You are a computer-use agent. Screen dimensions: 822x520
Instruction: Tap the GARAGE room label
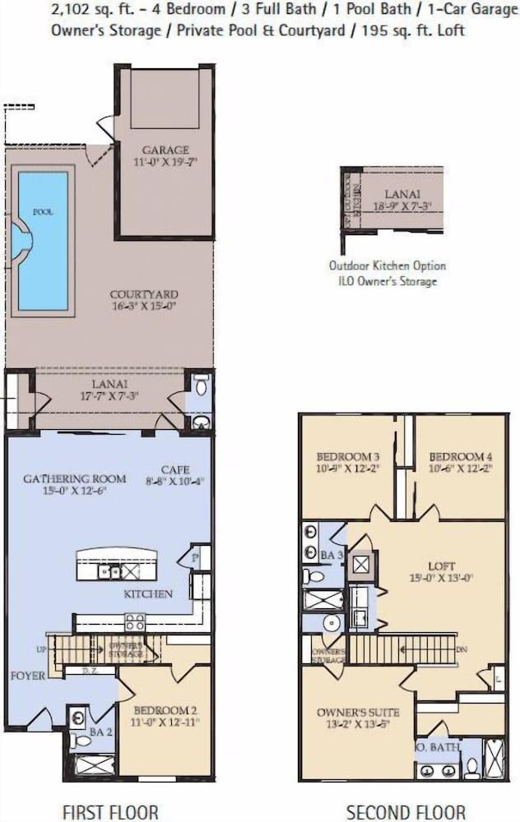165,150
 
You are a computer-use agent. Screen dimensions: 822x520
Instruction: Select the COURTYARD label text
144,294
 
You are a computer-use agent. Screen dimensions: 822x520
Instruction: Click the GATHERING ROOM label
75,478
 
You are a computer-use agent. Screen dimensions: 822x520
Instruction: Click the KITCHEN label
148,593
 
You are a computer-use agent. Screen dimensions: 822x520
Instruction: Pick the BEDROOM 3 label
348,457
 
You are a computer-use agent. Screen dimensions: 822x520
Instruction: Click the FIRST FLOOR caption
110,812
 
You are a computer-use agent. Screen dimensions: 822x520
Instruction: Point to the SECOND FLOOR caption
406,812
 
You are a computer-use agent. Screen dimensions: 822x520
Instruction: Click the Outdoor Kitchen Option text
388,266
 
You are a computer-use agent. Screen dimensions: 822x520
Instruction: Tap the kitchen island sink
109,570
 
